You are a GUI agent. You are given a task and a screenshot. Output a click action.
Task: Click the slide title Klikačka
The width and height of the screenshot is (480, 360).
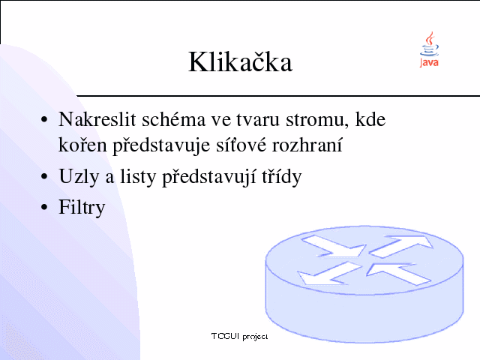tap(240, 62)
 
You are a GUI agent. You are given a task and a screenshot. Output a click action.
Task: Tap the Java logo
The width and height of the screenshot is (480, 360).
tap(429, 49)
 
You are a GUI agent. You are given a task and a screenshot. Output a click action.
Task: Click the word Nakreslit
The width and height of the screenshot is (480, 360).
tap(97, 119)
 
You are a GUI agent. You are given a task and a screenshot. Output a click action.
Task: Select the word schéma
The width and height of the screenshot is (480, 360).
tap(173, 119)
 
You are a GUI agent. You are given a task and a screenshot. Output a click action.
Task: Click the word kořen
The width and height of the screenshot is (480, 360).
tap(82, 145)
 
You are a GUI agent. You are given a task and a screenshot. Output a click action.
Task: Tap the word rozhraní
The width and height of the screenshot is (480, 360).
tap(307, 145)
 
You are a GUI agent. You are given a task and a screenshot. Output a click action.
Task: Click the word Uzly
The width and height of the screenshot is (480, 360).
tap(79, 177)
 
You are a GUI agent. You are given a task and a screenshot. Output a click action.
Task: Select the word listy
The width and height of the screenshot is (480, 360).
tap(138, 177)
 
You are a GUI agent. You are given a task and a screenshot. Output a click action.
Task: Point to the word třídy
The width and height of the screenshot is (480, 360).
tap(282, 177)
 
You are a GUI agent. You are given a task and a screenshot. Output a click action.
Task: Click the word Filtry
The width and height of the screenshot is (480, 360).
tap(82, 208)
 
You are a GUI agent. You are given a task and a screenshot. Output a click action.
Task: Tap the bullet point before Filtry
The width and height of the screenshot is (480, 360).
tap(44, 207)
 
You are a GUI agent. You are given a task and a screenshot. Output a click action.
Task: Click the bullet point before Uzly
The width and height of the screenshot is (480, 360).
tap(44, 177)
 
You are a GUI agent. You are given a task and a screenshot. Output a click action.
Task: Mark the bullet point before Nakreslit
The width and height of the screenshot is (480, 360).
tap(44, 119)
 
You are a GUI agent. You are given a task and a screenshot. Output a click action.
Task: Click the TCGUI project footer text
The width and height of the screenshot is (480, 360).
tap(239, 337)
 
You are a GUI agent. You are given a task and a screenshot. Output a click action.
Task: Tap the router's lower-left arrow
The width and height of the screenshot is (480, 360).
tap(328, 273)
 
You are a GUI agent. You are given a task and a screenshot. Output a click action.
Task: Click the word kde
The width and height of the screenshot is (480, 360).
tap(370, 119)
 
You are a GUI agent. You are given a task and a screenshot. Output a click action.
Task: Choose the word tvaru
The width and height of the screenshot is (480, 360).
tap(258, 120)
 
